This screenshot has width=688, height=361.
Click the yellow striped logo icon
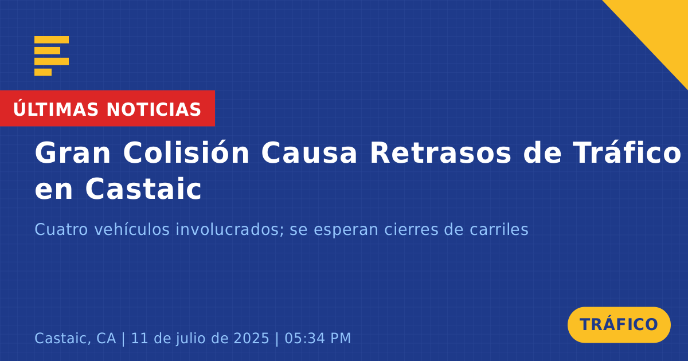pos(52,56)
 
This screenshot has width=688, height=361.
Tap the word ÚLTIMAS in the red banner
pos(56,109)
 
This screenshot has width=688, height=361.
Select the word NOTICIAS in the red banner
pos(154,109)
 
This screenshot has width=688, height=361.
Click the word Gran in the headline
pos(72,153)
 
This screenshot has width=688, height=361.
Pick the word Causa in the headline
pos(309,153)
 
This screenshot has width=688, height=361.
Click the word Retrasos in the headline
pos(440,153)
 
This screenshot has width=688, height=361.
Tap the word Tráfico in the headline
pos(627,152)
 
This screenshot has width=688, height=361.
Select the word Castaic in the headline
pos(143,189)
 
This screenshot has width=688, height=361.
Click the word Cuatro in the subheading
pos(61,229)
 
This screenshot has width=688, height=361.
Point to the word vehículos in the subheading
pos(132,229)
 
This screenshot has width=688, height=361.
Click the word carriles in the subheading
pos(499,229)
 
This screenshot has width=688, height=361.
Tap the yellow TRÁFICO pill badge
pos(619,325)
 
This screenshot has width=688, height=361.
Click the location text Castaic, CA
pos(75,338)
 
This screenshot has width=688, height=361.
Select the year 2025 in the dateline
pos(252,338)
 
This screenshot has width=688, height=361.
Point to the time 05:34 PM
pos(318,338)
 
